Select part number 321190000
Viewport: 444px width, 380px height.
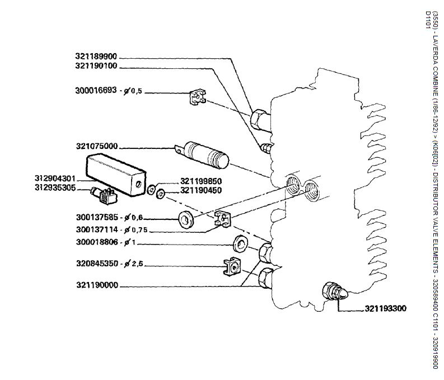click(97, 285)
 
